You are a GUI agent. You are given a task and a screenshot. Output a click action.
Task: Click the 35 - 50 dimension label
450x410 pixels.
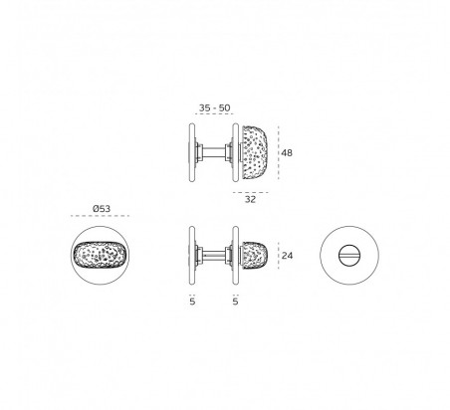(214, 107)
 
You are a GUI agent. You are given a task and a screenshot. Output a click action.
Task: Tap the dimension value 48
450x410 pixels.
(287, 153)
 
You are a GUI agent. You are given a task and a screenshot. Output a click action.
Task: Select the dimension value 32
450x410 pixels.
(250, 199)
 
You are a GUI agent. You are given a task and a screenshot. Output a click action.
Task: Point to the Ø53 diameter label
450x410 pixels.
(102, 209)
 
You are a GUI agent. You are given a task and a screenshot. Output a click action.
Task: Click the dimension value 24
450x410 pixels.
(287, 256)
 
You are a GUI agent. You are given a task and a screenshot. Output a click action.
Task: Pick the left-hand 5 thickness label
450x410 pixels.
(192, 302)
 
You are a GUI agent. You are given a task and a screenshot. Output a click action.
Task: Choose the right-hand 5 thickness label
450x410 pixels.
(235, 302)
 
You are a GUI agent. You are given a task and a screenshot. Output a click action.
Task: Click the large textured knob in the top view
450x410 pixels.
(254, 153)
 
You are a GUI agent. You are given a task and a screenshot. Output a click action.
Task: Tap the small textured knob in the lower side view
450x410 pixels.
(254, 256)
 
